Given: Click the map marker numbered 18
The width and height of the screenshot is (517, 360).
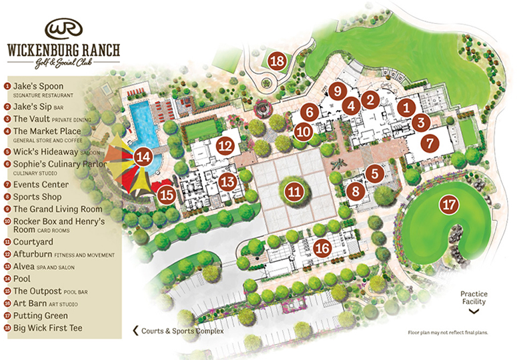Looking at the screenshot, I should (278, 61).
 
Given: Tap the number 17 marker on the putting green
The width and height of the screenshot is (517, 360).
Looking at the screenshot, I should (448, 205).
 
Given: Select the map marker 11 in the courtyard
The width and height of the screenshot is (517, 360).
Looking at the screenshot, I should (294, 192).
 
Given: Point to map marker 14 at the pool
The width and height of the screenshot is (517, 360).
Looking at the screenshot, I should (143, 157).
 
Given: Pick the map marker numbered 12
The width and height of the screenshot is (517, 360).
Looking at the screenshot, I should (227, 145).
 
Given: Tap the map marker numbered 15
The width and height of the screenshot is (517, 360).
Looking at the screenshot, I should (167, 195).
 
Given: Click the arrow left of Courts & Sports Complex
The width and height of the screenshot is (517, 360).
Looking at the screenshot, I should (136, 331).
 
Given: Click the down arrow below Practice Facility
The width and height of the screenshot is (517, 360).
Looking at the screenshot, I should (474, 310).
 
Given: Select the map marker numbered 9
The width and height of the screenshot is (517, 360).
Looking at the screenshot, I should (338, 90).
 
